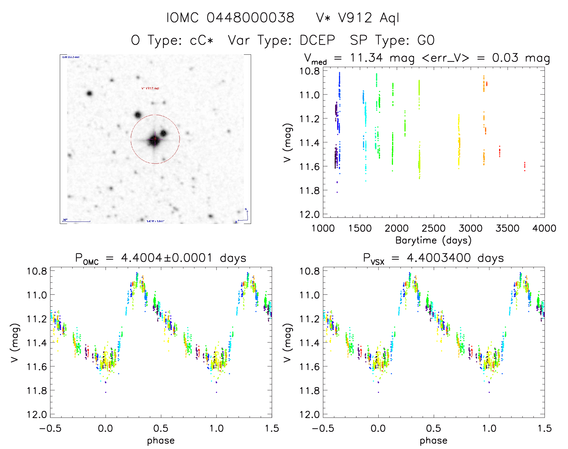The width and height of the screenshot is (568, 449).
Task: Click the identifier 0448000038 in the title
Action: [x=250, y=18]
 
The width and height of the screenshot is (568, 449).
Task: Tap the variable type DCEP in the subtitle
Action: [x=317, y=40]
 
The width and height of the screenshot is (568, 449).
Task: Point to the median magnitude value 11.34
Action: [x=366, y=58]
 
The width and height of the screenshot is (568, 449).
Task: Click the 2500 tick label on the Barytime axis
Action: [x=433, y=228]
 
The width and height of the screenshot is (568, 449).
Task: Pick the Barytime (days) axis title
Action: [x=433, y=240]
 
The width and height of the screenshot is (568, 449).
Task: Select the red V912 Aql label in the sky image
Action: [x=150, y=88]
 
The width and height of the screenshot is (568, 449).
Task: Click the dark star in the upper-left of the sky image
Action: [x=89, y=93]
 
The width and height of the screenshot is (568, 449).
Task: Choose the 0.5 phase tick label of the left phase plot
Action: [x=161, y=428]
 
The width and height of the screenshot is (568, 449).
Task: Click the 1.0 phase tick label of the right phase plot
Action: [x=489, y=428]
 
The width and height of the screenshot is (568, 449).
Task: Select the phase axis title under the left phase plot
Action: [x=161, y=441]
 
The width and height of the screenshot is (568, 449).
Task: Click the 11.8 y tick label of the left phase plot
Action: [x=37, y=390]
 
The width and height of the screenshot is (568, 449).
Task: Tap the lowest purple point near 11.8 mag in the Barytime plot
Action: [x=337, y=192]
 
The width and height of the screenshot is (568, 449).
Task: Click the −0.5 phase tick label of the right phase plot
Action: [x=323, y=428]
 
